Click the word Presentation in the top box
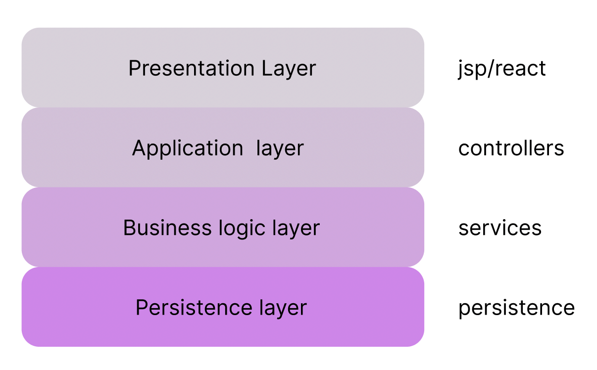(192, 68)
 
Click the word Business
(167, 228)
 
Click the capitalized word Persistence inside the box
(194, 308)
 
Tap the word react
(520, 69)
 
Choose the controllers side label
(511, 148)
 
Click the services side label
(500, 228)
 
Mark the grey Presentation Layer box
(223, 67)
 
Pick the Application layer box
(223, 147)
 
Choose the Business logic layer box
(223, 227)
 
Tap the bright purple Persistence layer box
(223, 307)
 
